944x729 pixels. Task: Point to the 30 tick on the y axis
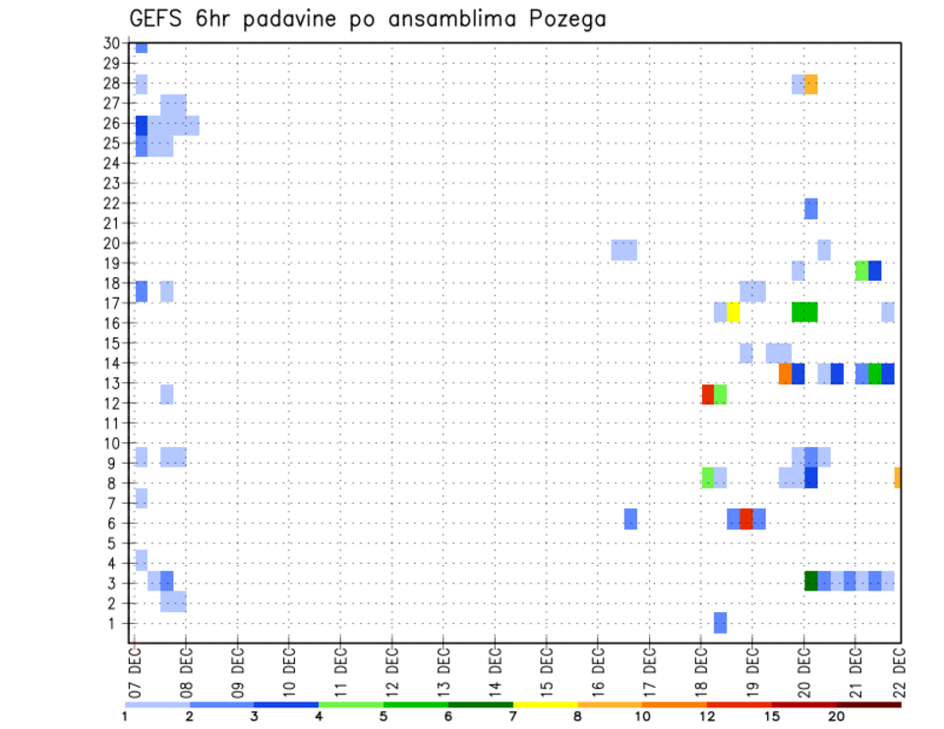tap(110, 43)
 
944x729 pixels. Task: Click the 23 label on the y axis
tap(110, 183)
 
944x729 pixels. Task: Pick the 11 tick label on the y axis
tap(110, 423)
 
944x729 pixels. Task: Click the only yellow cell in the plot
tap(734, 312)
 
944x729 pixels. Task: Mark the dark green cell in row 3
tap(811, 581)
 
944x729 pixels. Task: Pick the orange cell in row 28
tap(811, 84)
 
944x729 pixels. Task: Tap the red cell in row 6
tap(746, 519)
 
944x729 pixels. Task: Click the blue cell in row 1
tap(721, 622)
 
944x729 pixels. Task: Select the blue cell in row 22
tap(811, 208)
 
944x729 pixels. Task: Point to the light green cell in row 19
tap(862, 270)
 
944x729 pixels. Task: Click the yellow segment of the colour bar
tap(546, 704)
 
